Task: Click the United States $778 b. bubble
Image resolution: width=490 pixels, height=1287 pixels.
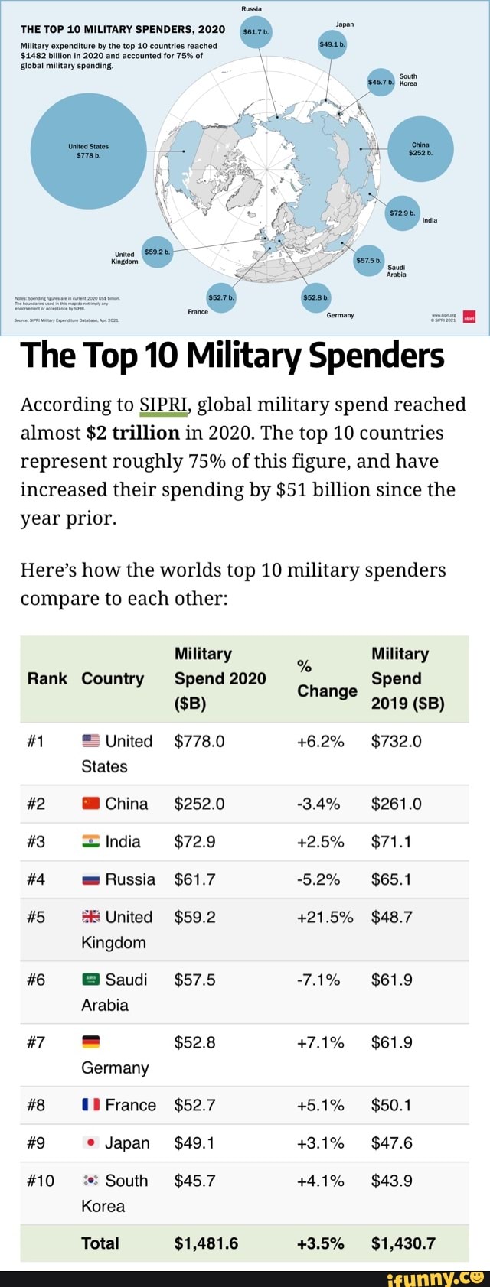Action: [88, 151]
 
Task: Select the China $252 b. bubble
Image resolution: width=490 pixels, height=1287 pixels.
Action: [421, 148]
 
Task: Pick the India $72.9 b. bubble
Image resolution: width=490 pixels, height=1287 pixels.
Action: [402, 212]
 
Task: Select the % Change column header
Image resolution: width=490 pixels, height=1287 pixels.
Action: [326, 679]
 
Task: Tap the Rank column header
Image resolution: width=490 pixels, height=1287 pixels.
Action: [47, 679]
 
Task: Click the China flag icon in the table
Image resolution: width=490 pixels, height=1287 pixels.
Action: [90, 804]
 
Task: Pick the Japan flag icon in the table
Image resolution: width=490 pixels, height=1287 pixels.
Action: [90, 1143]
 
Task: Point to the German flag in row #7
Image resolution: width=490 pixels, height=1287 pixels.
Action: [90, 1043]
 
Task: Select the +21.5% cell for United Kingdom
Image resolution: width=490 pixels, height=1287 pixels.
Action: [325, 917]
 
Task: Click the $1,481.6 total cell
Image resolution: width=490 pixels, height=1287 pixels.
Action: [206, 1243]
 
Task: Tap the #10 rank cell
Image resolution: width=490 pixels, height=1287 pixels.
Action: [41, 1181]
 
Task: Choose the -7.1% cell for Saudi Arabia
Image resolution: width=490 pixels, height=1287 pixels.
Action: [318, 980]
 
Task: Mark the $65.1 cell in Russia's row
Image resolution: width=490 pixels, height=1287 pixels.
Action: [390, 879]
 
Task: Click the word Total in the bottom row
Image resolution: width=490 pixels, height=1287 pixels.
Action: [100, 1243]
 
